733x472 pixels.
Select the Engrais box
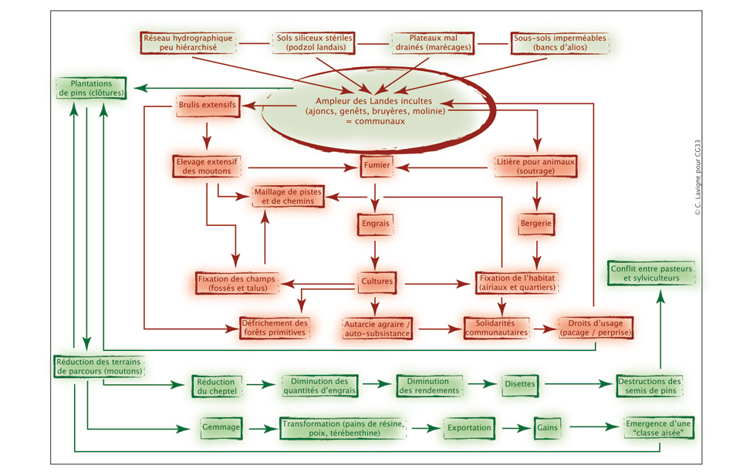pos(376,224)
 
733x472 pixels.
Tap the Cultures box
pos(377,282)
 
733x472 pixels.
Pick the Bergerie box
pos(536,224)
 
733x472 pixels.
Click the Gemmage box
pos(221,426)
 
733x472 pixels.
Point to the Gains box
pos(548,426)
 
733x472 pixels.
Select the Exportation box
pos(469,426)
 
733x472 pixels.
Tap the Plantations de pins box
pos(86,87)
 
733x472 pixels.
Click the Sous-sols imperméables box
pos(560,42)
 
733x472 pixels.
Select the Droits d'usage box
pos(595,327)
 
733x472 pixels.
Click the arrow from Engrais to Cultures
pos(376,252)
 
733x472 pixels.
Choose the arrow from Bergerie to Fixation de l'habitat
pos(535,252)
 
